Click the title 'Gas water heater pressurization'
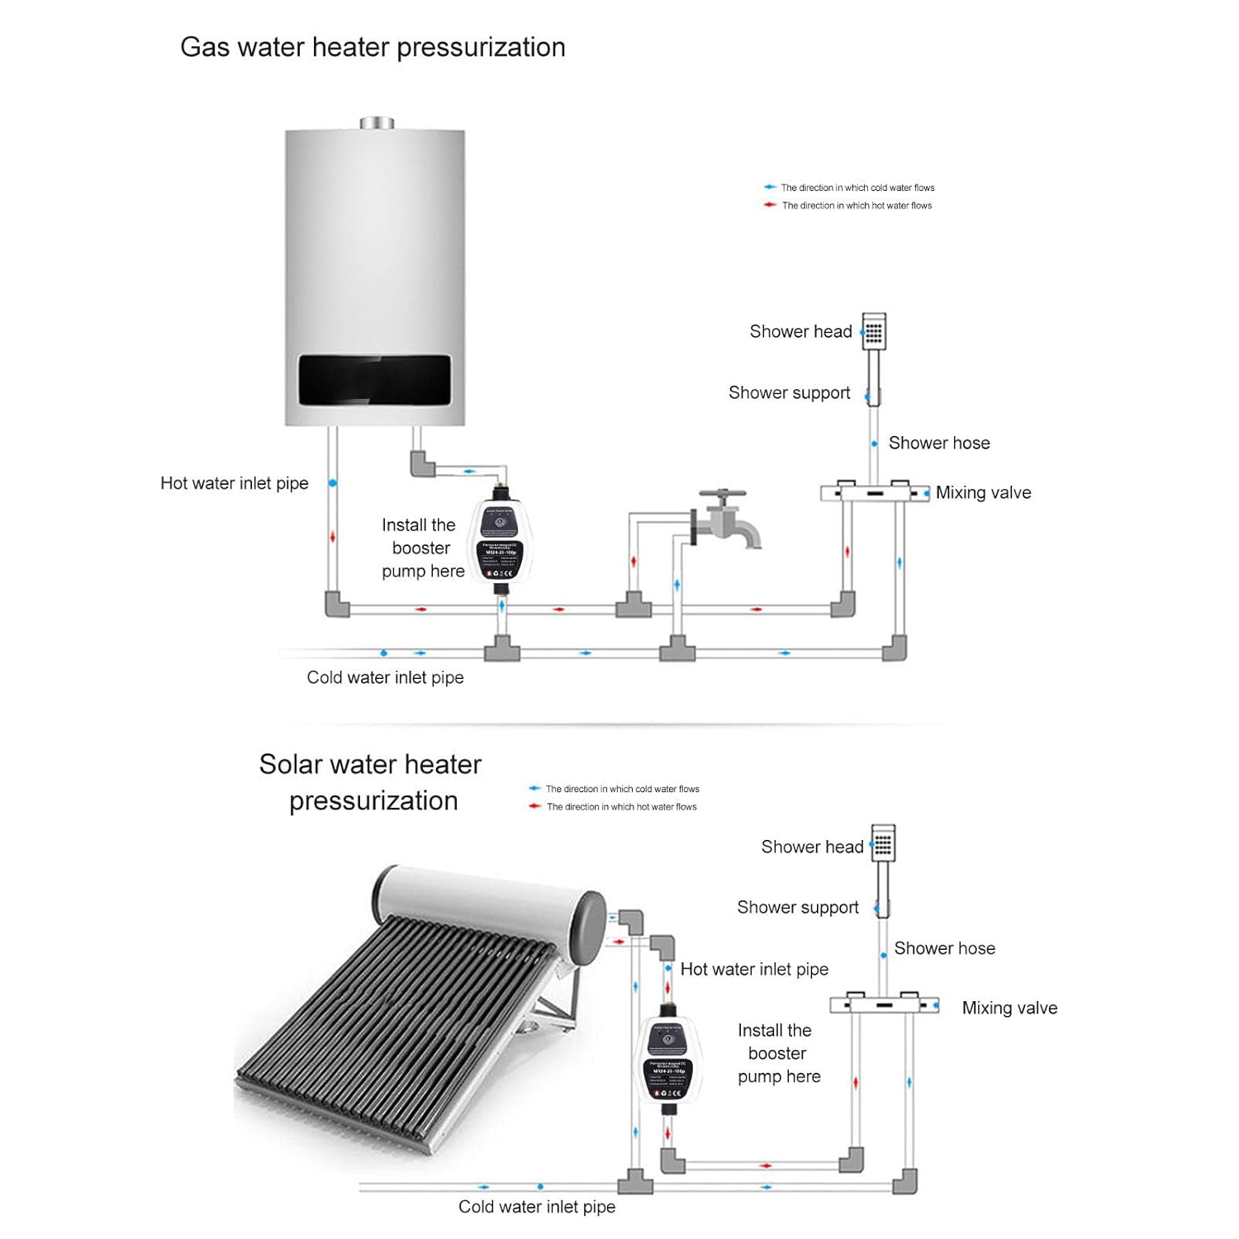point(373,48)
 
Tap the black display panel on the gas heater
point(374,380)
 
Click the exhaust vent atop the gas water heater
point(377,123)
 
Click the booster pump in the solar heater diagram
point(668,1061)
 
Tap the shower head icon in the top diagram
point(874,331)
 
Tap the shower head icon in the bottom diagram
point(883,843)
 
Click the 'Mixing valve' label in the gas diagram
point(983,493)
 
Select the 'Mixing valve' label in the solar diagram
point(1009,1008)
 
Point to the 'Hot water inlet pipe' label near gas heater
point(235,483)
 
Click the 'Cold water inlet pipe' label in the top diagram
point(385,677)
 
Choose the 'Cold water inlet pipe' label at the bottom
point(537,1207)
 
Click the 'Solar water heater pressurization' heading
point(371,782)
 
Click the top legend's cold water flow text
point(857,188)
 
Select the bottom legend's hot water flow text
point(621,807)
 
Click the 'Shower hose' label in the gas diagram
point(939,444)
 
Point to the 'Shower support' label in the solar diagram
point(798,908)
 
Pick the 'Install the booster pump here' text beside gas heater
point(421,548)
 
